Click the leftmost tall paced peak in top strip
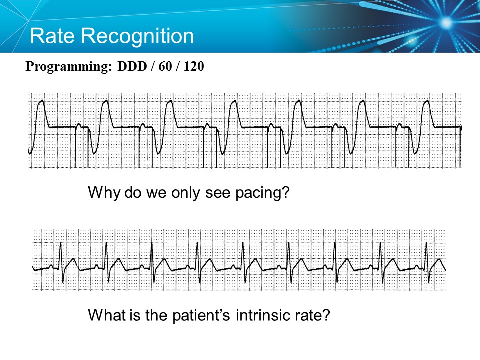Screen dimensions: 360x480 click(x=42, y=101)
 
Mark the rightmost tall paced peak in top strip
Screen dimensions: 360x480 click(x=427, y=101)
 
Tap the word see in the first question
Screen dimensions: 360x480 click(x=217, y=193)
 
